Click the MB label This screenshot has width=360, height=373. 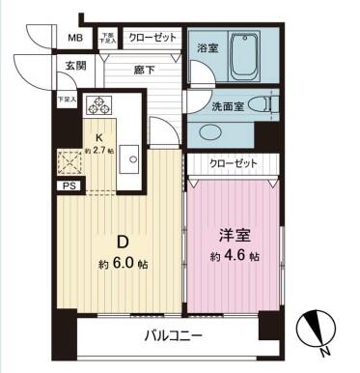coord(74,39)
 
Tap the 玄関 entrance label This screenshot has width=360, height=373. coord(75,67)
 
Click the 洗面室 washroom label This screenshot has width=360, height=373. coord(227,105)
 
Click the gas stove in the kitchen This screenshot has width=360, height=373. coord(99,105)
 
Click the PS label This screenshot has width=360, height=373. coord(69,186)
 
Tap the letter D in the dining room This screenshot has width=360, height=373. coord(123,241)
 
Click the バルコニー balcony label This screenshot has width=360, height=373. coord(173,335)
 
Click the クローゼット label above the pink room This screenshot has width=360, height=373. coord(233,163)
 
